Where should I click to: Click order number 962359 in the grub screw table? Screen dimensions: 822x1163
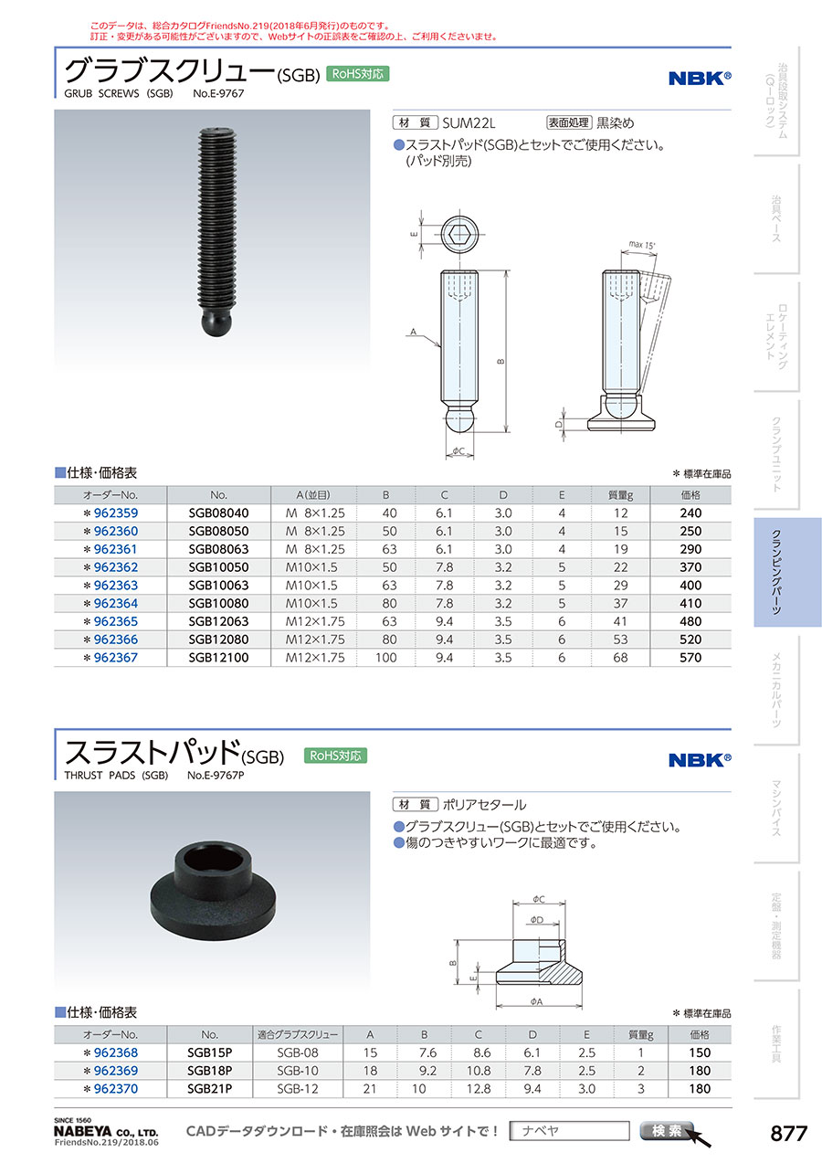[116, 513]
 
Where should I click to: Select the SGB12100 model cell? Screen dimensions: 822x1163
[218, 657]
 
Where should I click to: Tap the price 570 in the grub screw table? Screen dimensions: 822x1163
[690, 657]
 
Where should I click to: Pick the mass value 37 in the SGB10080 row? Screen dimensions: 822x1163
[620, 603]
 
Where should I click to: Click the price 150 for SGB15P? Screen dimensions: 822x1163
[699, 1052]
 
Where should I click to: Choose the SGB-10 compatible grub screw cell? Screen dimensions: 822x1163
[298, 1071]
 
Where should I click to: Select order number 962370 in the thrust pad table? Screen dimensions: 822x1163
[116, 1089]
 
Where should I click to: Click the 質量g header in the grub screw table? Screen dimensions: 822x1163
[620, 495]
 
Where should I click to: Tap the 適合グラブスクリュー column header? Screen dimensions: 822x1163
[298, 1035]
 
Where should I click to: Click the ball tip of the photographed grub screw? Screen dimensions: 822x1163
[216, 322]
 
